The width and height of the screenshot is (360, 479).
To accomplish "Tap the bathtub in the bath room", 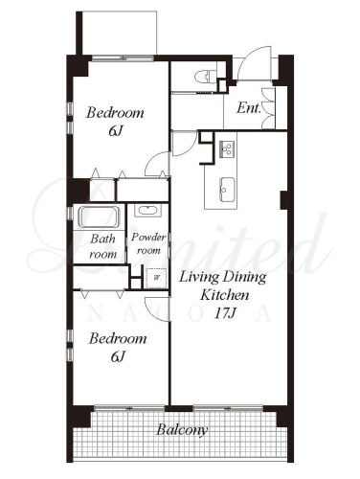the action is [99, 217].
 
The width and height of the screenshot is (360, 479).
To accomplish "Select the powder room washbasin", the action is [147, 211].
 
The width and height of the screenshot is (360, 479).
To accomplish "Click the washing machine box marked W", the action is [156, 278].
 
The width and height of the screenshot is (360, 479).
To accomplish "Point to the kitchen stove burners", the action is [228, 148].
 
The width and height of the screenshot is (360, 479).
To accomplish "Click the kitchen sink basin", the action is [227, 190].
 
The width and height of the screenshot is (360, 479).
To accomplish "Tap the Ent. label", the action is [249, 108].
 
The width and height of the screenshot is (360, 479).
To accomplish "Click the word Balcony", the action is [182, 430].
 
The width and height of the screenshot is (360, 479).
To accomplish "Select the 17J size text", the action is [225, 313].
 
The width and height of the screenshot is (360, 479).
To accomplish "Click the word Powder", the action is [148, 237].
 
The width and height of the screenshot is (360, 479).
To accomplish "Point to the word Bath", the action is [102, 239].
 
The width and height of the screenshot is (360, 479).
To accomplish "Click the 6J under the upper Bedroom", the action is [116, 131].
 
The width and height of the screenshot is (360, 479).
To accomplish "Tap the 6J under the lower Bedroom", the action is [118, 356].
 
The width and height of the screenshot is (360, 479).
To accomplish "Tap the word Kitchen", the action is [224, 295].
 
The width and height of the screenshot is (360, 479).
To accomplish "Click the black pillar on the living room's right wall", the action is [284, 200].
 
